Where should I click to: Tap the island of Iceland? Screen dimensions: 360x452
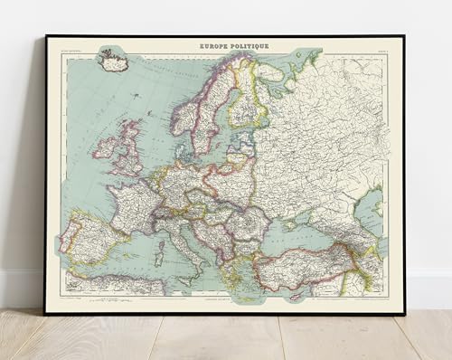(114, 63)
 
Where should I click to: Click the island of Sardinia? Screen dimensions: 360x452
(156, 245)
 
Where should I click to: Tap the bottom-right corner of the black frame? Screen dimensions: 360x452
(404, 313)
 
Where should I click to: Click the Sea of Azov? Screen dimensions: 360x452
(314, 209)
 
